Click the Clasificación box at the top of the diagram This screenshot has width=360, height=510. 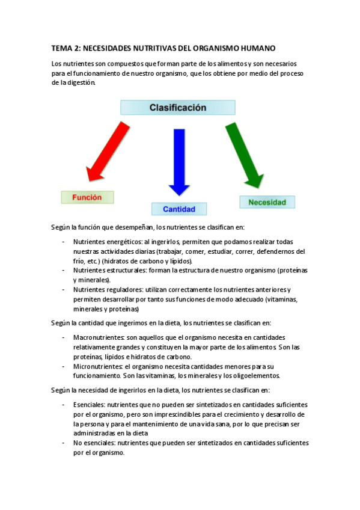click(177, 108)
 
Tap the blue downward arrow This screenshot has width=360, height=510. click(179, 161)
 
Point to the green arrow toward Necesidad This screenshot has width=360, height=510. click(244, 155)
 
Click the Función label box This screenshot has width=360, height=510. click(87, 197)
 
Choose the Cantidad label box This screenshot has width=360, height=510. click(179, 209)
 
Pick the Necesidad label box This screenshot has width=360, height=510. click(267, 202)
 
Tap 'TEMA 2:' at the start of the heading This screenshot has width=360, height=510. click(66, 49)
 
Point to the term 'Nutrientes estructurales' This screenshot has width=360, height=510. click(100, 271)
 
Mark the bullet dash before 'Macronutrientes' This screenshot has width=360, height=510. click(64, 337)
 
